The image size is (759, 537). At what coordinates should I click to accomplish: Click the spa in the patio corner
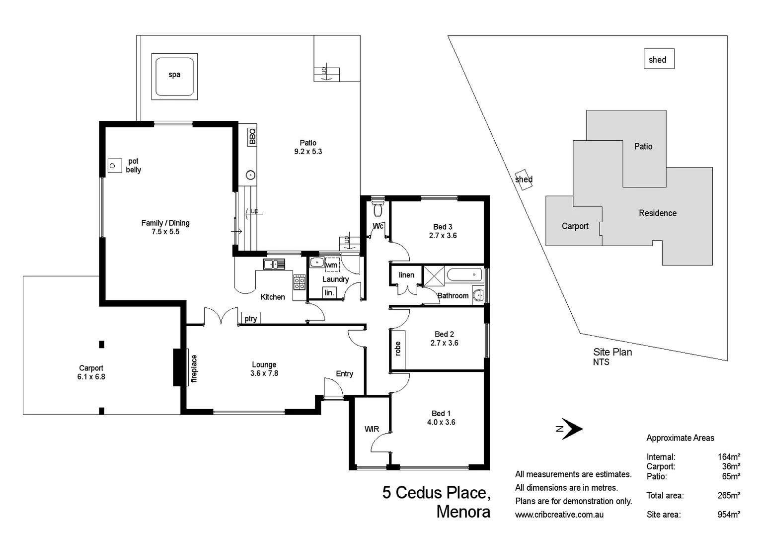coord(174,77)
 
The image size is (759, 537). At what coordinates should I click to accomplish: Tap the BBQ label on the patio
coord(252,136)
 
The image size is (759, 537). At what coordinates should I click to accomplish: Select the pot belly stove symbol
coord(115,166)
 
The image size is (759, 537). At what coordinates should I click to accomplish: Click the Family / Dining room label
coord(165,223)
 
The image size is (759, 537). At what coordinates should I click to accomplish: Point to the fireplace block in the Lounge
coord(178,367)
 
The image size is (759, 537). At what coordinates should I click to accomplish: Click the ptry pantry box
coord(251,318)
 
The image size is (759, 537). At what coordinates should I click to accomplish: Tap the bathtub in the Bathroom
coord(464,274)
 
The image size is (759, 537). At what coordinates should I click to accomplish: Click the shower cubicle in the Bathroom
coord(434,276)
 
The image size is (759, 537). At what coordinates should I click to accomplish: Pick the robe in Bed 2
coord(397,349)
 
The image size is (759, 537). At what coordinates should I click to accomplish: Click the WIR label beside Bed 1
coord(372,429)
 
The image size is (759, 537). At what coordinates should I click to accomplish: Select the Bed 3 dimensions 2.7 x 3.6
coord(443,236)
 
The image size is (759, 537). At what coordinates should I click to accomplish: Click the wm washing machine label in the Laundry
coord(331,265)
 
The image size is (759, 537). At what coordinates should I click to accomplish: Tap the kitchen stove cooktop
coord(299,282)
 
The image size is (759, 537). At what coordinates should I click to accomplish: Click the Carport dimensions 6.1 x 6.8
coord(91,377)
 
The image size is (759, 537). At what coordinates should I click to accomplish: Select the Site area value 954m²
coord(729,515)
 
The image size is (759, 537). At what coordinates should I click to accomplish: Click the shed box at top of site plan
coord(658,59)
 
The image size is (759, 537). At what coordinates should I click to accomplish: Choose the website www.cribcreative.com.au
coord(559,515)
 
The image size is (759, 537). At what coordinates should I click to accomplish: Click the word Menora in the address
coord(463,512)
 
